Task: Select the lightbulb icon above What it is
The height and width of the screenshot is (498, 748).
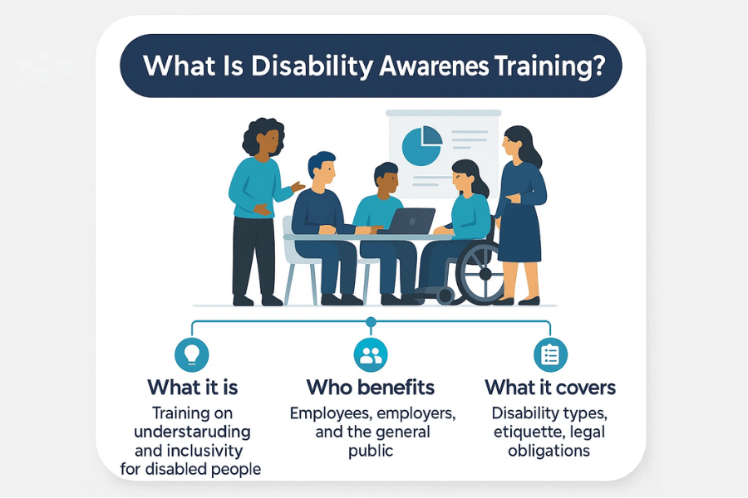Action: (192, 354)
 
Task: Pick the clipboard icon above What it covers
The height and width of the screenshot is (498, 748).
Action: (549, 354)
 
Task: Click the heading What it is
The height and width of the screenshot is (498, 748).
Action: (193, 387)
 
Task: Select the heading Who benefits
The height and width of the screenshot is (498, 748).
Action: (371, 387)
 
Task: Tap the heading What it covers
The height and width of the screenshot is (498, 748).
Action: (550, 387)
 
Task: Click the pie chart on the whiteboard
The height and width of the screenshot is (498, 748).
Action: (422, 146)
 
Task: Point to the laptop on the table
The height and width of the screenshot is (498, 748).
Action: (411, 222)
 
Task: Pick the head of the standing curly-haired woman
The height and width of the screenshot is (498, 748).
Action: (263, 137)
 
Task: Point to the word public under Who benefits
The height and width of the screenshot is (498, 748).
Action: (371, 451)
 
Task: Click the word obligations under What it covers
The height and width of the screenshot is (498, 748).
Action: (550, 451)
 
